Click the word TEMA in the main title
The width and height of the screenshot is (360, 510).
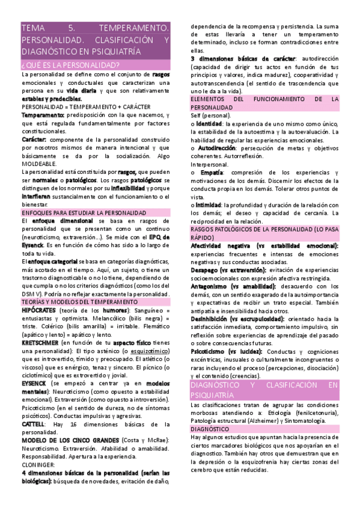(x=31, y=28)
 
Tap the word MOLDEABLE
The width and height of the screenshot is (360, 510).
(x=38, y=164)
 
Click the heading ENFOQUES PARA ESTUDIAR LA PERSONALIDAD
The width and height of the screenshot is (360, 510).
(x=84, y=213)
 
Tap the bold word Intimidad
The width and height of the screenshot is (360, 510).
(x=209, y=205)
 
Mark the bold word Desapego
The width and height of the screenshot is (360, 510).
(x=208, y=271)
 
